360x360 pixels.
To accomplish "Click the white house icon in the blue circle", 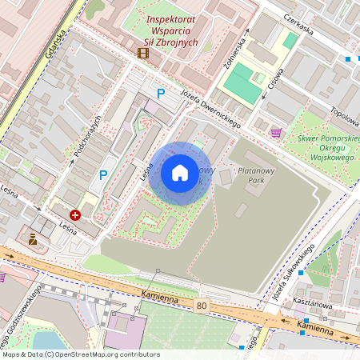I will (x=179, y=173).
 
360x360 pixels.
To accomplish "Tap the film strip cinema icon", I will (x=142, y=54).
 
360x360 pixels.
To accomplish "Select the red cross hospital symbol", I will (x=75, y=215).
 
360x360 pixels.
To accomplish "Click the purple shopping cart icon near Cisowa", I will (x=276, y=132).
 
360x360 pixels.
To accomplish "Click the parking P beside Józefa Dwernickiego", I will (x=161, y=94).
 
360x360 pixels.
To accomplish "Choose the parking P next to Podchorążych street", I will (x=102, y=174).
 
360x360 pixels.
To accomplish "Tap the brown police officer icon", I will (x=33, y=238).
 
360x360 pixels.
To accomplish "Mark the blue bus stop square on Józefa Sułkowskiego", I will (x=302, y=274).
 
